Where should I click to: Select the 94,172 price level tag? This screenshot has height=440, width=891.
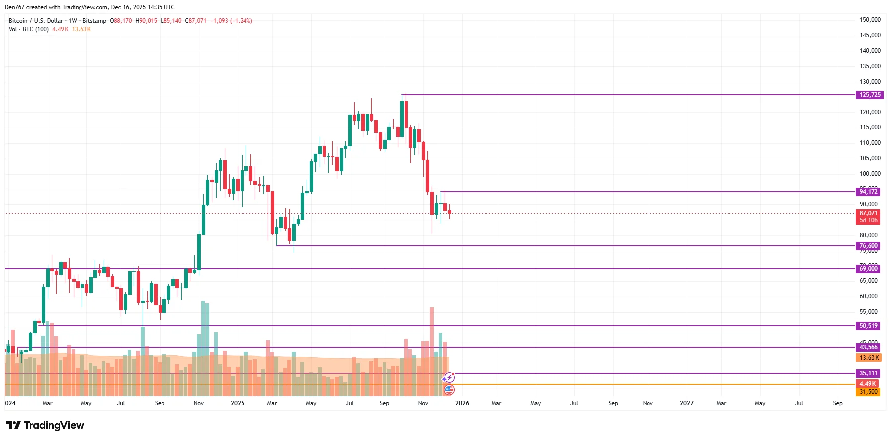click(868, 192)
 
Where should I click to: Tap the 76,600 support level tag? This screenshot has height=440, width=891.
click(868, 246)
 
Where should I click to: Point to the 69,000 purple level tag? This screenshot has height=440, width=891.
click(868, 269)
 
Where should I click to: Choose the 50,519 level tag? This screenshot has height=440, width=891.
click(868, 326)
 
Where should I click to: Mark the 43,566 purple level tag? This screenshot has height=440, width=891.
click(868, 347)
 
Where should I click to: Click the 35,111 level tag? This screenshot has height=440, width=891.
click(868, 373)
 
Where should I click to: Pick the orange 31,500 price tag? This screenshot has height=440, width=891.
click(868, 392)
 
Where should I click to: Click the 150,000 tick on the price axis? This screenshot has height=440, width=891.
click(870, 20)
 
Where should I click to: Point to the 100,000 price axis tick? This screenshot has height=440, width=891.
click(870, 174)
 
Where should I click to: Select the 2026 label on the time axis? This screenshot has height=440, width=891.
click(462, 403)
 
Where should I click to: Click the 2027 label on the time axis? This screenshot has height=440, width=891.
click(687, 403)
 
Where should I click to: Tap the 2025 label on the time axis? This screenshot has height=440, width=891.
click(238, 403)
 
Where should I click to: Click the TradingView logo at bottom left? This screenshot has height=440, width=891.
click(45, 425)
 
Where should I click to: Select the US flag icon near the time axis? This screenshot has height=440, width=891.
click(449, 389)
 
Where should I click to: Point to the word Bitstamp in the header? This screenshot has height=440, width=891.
click(94, 21)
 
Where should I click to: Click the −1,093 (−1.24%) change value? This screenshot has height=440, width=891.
click(231, 21)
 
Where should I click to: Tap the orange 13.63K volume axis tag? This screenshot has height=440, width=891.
click(868, 358)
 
